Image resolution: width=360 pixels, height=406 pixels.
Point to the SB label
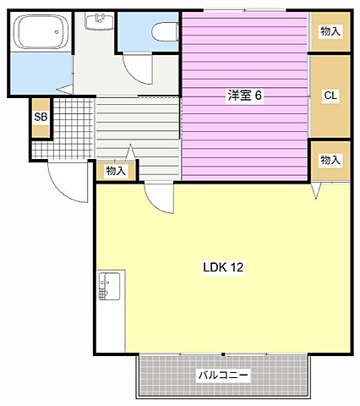click(x=40, y=118)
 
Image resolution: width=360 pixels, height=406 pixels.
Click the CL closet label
click(x=330, y=96)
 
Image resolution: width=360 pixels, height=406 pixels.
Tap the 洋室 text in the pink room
click(x=239, y=96)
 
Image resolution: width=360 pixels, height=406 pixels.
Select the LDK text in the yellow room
click(x=213, y=267)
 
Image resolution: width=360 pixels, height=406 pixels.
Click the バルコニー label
click(x=223, y=375)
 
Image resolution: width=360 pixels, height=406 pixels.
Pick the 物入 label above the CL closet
click(x=330, y=31)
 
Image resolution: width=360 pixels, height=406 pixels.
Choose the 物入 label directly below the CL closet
click(x=330, y=160)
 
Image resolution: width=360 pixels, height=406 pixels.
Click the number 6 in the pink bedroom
click(x=259, y=96)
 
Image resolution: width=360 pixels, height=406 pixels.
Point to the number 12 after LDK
click(x=237, y=267)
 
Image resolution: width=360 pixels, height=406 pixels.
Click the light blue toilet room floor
click(x=135, y=34)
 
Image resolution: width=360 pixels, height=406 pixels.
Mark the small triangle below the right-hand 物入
click(x=318, y=193)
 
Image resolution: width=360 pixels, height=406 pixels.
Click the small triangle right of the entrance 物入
click(x=131, y=152)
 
